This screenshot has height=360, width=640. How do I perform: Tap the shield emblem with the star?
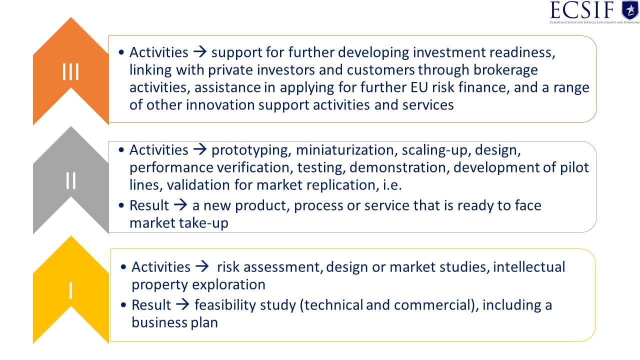[630, 10]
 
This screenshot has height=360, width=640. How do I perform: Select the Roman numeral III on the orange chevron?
[70, 71]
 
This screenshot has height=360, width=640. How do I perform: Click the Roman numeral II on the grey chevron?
[70, 180]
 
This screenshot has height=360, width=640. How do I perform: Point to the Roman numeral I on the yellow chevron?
[70, 290]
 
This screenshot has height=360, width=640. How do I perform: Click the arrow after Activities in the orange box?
[200, 52]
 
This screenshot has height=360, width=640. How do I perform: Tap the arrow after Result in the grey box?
[180, 205]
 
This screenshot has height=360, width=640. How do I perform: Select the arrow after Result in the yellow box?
[182, 304]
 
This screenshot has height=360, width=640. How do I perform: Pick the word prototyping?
[251, 150]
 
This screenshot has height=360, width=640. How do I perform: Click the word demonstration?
[399, 167]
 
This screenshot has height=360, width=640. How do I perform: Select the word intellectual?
[529, 267]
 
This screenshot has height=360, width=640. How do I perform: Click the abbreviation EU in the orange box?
[419, 87]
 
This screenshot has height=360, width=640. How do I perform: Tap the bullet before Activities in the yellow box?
[123, 267]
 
